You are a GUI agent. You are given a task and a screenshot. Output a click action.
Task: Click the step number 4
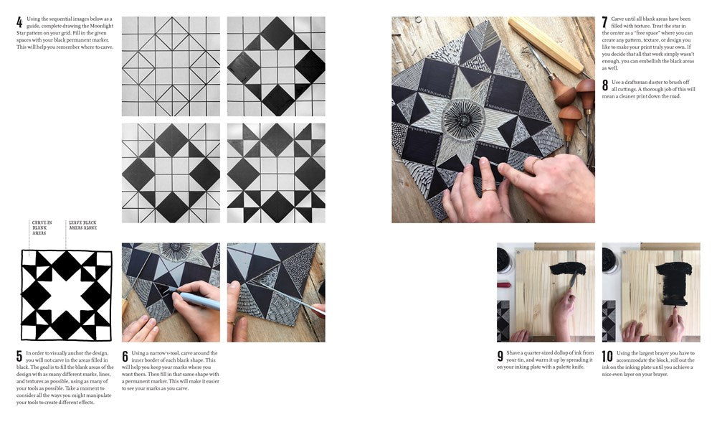[19, 22]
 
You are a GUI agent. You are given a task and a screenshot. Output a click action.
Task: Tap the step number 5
[19, 356]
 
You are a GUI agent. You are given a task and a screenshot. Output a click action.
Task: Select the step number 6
[125, 356]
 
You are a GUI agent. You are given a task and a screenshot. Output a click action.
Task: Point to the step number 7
[605, 22]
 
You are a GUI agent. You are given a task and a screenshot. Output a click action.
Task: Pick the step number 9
[500, 356]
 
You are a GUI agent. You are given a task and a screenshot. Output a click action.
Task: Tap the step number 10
[607, 356]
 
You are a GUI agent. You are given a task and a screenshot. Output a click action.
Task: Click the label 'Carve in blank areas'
[40, 228]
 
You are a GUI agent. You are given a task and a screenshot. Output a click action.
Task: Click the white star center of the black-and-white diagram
[66, 294]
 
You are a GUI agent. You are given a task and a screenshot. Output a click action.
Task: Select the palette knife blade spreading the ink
[574, 282]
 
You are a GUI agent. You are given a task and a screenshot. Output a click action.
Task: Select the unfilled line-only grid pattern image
[171, 66]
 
